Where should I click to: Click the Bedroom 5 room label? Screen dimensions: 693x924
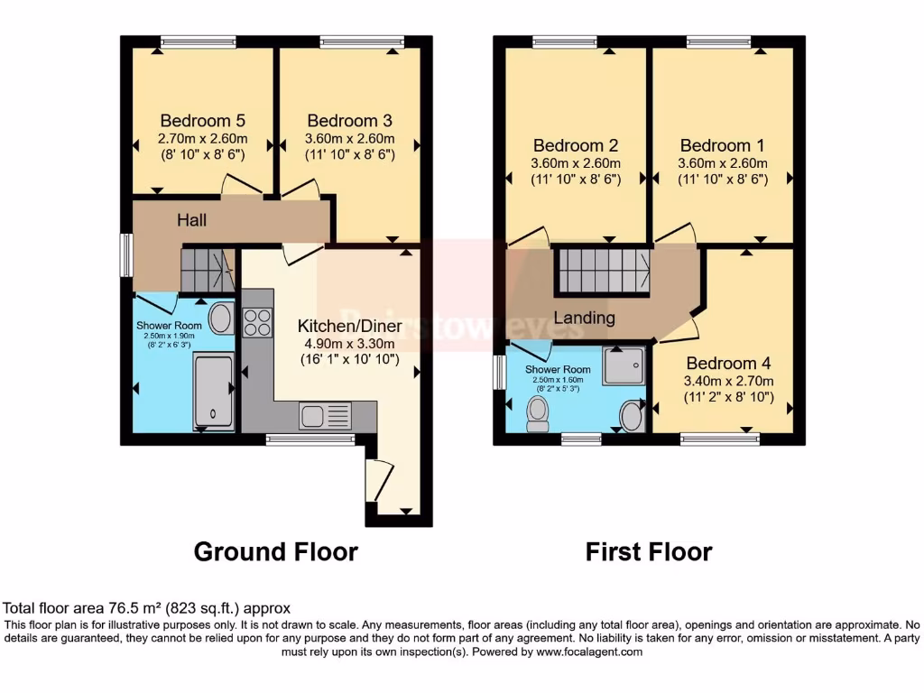pyautogui.click(x=202, y=121)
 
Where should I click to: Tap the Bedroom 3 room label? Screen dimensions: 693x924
pyautogui.click(x=349, y=121)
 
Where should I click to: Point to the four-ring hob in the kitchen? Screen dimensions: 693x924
pyautogui.click(x=257, y=322)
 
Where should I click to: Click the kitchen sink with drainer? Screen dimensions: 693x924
pyautogui.click(x=325, y=416)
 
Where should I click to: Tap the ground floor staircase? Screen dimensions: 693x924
pyautogui.click(x=207, y=269)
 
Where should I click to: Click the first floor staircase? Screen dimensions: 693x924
pyautogui.click(x=602, y=271)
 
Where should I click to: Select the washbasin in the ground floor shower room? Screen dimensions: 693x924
pyautogui.click(x=219, y=319)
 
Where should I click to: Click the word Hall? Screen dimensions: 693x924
pyautogui.click(x=192, y=220)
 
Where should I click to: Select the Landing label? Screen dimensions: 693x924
pyautogui.click(x=584, y=318)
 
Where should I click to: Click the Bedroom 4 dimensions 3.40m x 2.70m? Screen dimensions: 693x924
pyautogui.click(x=726, y=380)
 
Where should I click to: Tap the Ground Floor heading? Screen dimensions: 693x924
pyautogui.click(x=275, y=551)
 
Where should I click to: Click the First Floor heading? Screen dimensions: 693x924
pyautogui.click(x=649, y=551)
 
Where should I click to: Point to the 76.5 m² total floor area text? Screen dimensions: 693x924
pyautogui.click(x=146, y=608)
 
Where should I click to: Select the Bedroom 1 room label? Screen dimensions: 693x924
pyautogui.click(x=715, y=145)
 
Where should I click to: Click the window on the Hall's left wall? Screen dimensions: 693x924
pyautogui.click(x=127, y=256)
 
